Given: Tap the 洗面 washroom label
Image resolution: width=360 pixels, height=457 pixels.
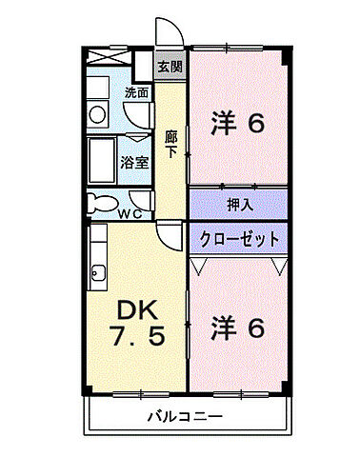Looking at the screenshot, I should pos(136,93).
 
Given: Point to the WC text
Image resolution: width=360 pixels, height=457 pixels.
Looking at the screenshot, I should pos(130,212).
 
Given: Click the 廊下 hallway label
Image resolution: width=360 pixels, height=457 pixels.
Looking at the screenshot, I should pos(170,142).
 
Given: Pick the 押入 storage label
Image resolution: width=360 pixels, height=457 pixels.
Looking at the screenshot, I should pos(238,205).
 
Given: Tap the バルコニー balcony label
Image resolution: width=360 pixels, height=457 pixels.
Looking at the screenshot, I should pos(185,416).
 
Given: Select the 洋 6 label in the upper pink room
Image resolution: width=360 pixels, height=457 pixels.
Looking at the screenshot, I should pos(238,124).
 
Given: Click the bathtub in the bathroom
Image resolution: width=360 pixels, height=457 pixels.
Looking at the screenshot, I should pos(102,160).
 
